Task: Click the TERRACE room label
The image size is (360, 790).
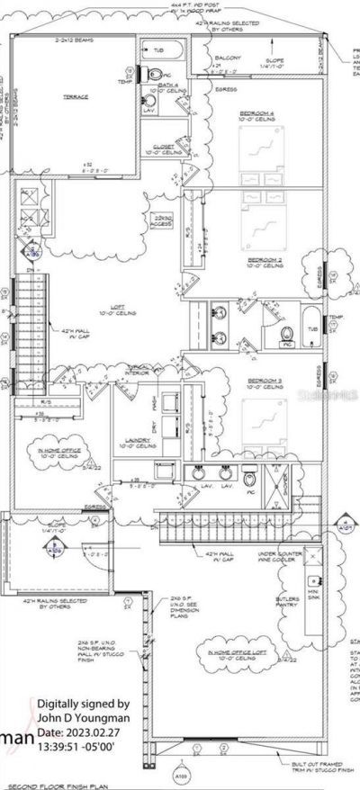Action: [x=75, y=96]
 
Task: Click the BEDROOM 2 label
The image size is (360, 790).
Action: [x=265, y=260]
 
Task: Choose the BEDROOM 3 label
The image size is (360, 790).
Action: [x=265, y=382]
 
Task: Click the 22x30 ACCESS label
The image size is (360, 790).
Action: [x=163, y=220]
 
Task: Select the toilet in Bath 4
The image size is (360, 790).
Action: [x=154, y=74]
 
